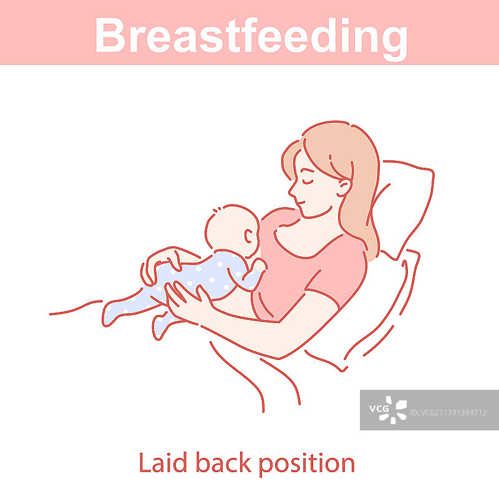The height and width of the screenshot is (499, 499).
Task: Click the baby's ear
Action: point(249,237)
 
